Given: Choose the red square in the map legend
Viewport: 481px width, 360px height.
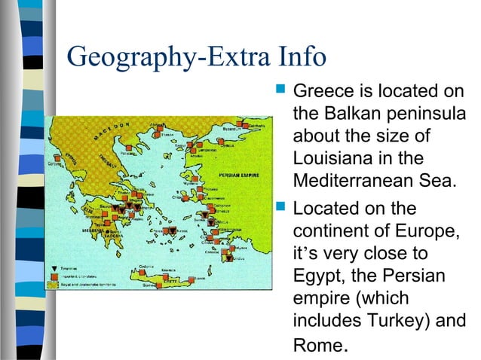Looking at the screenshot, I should click(x=54, y=276).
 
